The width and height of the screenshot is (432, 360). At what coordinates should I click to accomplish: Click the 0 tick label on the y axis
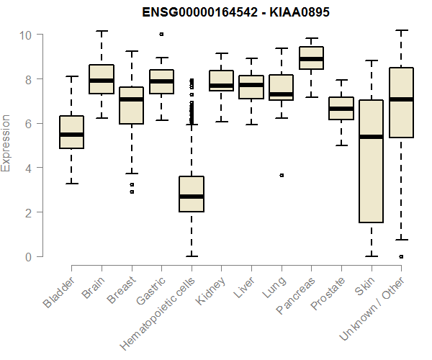point(26,257)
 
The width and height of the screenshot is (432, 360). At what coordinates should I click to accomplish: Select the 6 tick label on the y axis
point(26,124)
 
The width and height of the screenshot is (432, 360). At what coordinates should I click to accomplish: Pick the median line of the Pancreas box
point(311,59)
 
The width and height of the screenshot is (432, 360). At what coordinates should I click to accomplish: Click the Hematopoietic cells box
point(192,194)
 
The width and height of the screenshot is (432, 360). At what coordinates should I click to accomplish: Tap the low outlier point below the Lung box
point(282,175)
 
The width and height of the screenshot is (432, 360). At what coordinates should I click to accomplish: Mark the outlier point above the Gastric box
point(161,34)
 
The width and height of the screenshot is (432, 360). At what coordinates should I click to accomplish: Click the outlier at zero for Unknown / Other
point(401,256)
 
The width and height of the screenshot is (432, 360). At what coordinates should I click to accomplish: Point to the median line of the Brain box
point(102,80)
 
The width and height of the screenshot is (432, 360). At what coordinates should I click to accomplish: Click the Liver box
point(251,87)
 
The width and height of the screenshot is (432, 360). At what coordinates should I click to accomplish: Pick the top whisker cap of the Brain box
point(102,31)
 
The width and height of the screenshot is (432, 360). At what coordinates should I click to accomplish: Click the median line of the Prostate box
point(341,109)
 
